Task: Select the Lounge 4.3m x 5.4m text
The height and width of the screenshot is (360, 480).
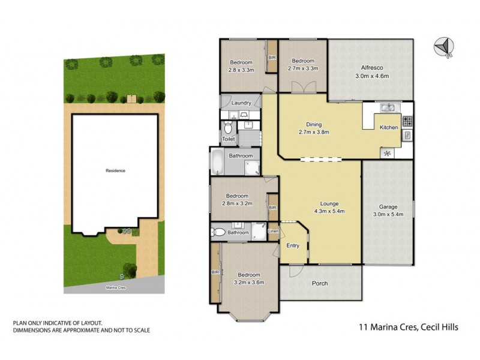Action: pos(325,208)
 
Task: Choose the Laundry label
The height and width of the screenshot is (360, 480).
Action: pos(241,103)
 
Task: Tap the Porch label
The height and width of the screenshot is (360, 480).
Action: pos(320,283)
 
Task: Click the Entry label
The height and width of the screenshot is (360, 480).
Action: pos(292,245)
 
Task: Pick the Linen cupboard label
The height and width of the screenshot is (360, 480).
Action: pos(274,231)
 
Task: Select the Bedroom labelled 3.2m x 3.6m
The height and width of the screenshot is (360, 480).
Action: pos(248,278)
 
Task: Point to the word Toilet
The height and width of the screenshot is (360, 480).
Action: pos(229,139)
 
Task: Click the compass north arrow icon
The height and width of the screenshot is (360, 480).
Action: pos(443,47)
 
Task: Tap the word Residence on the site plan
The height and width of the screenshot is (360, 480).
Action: pos(115,171)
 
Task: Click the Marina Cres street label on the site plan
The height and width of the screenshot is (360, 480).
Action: pos(115,288)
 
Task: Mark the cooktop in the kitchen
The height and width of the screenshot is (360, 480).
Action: pos(407,120)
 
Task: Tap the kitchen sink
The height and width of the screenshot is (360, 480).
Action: pos(389,108)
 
